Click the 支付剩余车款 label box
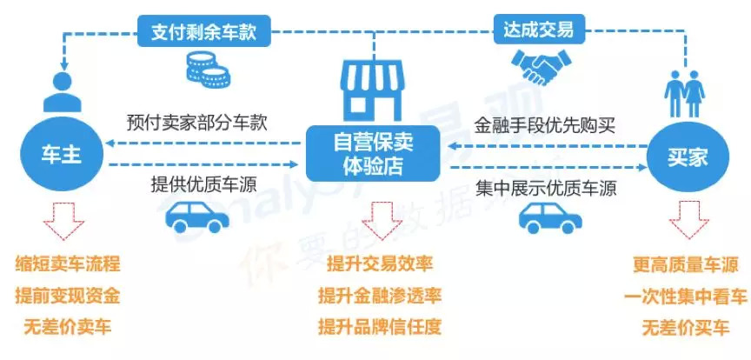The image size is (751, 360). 204,33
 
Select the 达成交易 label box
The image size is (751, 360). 538,30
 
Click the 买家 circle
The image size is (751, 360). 687,157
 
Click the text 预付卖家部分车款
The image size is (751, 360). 196,123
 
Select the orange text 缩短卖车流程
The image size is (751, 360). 67,264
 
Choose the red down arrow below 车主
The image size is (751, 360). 66,220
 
